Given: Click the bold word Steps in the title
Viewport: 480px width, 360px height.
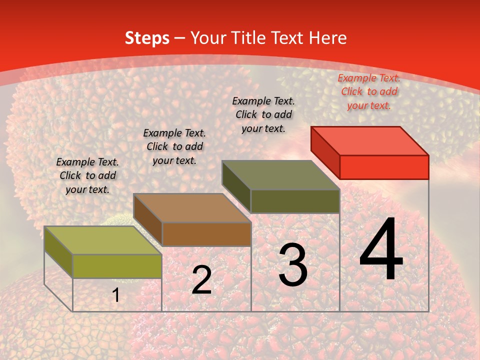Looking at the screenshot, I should [x=147, y=38].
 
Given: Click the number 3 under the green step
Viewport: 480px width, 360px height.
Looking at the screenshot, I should [x=293, y=265].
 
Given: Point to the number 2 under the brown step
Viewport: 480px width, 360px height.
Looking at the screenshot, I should [x=201, y=280].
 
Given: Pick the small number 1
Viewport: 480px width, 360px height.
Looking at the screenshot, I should [x=116, y=295].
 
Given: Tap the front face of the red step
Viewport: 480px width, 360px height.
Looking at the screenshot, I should [x=384, y=167].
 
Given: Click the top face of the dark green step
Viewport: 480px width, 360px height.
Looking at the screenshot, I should [x=281, y=175].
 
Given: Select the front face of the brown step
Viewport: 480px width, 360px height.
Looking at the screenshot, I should [x=206, y=234].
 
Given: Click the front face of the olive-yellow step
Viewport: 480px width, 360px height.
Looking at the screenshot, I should [x=117, y=266].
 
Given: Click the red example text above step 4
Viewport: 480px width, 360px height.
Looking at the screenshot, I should [x=368, y=91].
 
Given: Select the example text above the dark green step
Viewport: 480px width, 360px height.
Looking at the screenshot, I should [x=263, y=114].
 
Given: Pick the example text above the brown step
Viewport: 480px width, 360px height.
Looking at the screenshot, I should [x=174, y=146].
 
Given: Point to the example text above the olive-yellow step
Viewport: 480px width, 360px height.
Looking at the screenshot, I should [x=87, y=175].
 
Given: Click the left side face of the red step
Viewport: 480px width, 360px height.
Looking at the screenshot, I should [x=325, y=150].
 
